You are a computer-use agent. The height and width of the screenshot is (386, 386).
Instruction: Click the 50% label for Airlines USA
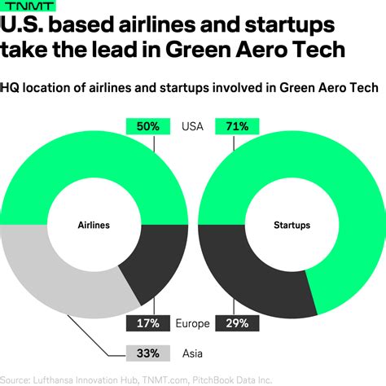tap(147, 126)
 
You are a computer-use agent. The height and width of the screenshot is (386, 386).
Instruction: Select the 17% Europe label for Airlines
tap(147, 322)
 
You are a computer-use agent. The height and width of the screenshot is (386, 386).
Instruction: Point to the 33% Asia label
tap(147, 353)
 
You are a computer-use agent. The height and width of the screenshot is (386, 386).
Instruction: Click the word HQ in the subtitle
tap(14, 88)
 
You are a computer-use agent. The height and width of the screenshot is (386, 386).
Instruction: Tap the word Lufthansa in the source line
tap(69, 379)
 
